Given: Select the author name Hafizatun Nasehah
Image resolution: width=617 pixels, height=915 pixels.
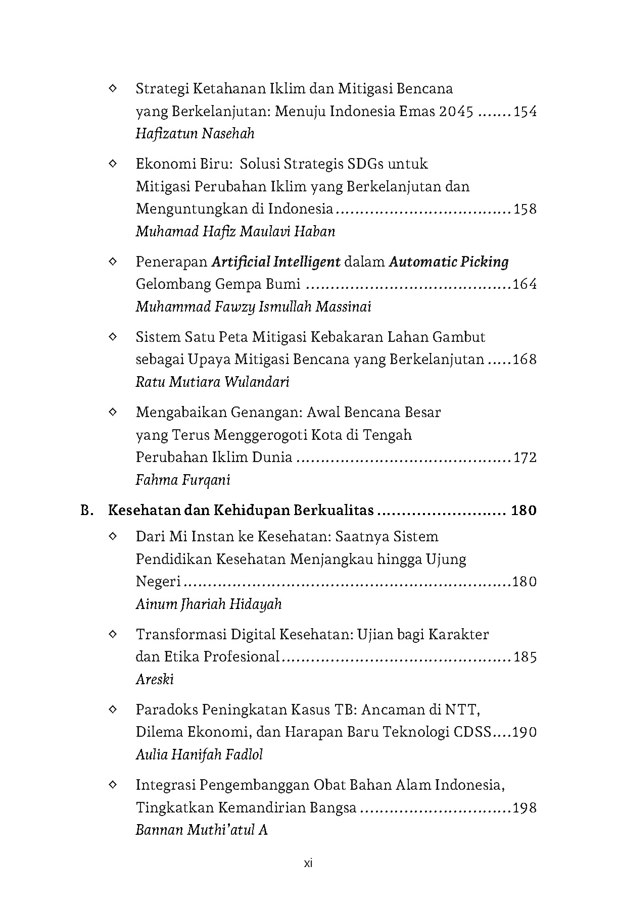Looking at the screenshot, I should (195, 134).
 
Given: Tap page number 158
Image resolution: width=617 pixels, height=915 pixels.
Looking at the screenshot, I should (525, 209).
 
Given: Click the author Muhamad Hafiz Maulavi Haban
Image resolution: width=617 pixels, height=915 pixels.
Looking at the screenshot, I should (235, 232).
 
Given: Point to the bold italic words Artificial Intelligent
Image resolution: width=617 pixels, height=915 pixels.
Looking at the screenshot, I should (276, 262).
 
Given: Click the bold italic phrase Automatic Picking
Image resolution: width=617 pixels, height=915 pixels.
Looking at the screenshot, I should (449, 262).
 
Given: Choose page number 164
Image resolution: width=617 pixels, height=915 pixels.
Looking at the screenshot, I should (525, 284).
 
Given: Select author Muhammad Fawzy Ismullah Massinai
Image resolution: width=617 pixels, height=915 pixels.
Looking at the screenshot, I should (253, 307).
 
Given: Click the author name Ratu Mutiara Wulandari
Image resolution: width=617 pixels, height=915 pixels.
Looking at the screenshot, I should (212, 382).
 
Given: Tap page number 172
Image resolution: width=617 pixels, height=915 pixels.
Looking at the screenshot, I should (525, 457).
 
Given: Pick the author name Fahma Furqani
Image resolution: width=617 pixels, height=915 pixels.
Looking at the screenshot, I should (183, 480).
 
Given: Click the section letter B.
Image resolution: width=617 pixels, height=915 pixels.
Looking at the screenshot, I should (86, 511).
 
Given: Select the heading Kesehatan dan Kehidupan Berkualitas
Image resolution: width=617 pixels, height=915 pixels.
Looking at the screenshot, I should (241, 511).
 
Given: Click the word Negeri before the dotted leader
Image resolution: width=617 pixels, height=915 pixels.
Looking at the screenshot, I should (158, 582).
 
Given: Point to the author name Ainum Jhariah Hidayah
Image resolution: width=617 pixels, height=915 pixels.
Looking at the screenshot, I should (209, 604).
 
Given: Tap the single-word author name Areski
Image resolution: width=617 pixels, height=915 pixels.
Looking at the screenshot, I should (155, 680).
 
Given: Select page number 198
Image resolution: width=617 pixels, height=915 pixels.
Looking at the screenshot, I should (525, 808).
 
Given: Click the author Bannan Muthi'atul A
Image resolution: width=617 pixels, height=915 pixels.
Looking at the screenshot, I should (202, 830).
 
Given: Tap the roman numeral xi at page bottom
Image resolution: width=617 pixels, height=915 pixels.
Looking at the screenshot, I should (309, 878).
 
